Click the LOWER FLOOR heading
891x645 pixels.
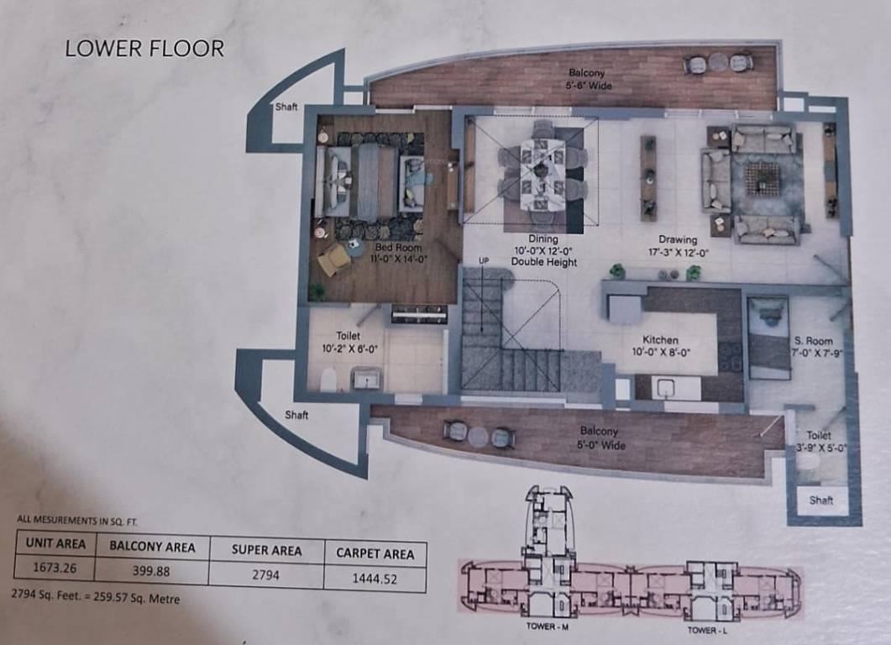click(x=144, y=49)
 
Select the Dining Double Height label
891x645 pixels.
click(x=543, y=250)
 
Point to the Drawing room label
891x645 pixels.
click(x=678, y=245)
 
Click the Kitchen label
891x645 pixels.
click(x=660, y=346)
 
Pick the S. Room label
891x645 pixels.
click(x=813, y=347)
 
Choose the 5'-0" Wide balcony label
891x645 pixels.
click(x=598, y=438)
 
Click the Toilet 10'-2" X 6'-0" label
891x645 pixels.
click(x=348, y=342)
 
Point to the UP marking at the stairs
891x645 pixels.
click(x=483, y=261)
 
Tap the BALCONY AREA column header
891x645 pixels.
click(x=152, y=547)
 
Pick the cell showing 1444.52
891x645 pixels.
click(x=375, y=578)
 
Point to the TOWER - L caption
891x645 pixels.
click(x=701, y=630)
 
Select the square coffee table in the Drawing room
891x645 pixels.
click(x=763, y=176)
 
